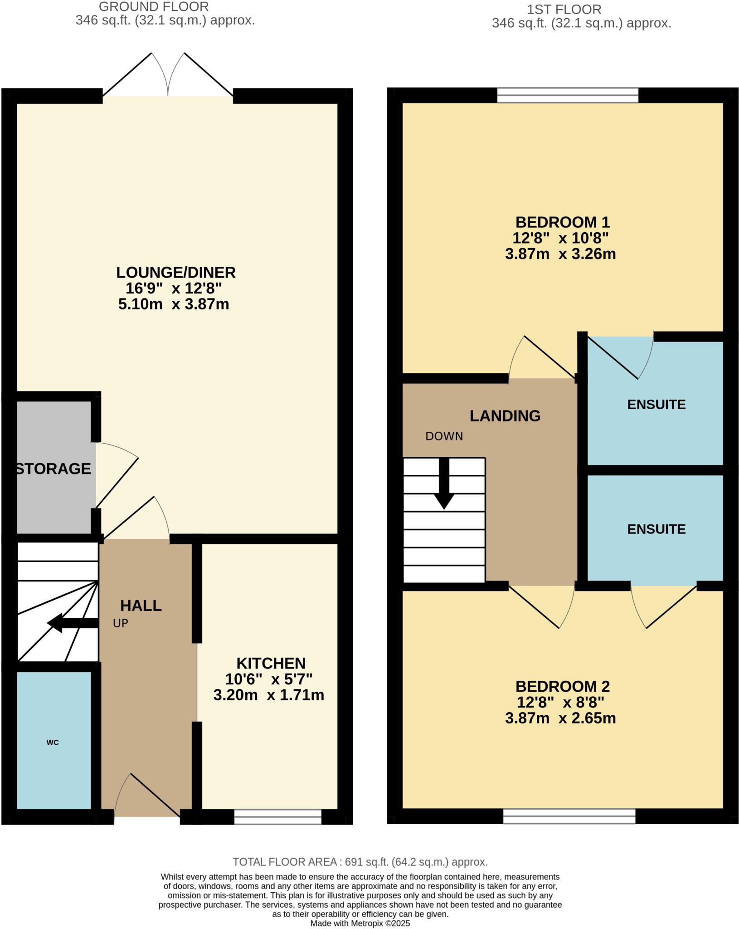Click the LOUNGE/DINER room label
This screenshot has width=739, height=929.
[x=176, y=273]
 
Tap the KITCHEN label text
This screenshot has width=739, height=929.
[x=271, y=664]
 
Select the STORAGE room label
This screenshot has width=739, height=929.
[x=53, y=469]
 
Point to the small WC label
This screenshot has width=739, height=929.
[x=53, y=743]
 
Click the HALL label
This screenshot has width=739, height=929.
[x=141, y=606]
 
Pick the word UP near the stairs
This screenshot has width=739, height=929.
[x=121, y=623]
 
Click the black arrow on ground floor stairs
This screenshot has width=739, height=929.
[x=68, y=623]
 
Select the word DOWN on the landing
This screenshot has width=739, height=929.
[x=444, y=436]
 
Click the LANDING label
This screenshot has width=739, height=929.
[x=505, y=416]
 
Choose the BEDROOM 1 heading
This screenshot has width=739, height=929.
[x=563, y=222]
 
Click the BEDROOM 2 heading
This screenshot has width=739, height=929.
[x=563, y=686]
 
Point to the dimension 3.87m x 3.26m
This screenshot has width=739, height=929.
[x=560, y=254]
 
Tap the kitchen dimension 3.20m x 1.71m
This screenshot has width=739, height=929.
[x=269, y=695]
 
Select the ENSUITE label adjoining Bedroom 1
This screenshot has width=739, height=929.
[x=656, y=405]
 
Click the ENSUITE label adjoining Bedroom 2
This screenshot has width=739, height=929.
[x=656, y=529]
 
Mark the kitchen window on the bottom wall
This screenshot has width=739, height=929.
[x=277, y=817]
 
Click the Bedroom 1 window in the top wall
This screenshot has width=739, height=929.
[x=568, y=95]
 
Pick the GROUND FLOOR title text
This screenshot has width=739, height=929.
[x=154, y=7]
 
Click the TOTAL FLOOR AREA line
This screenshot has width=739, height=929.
[x=360, y=862]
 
